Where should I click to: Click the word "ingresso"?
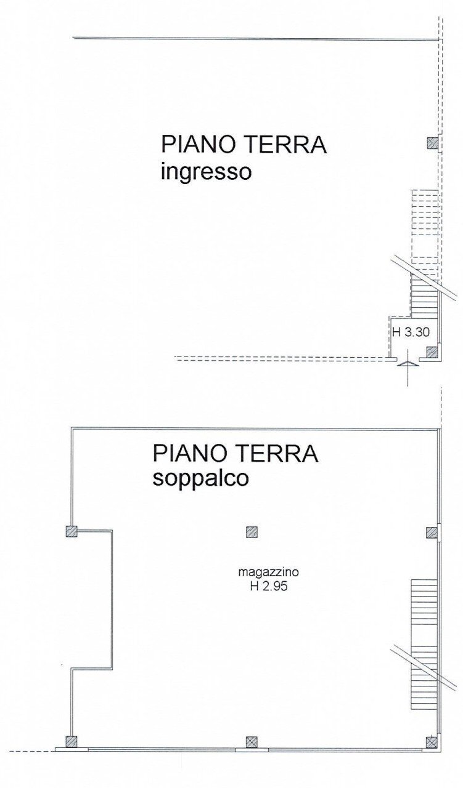(x=206, y=172)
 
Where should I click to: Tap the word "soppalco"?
(x=201, y=478)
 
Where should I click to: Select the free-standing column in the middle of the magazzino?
(x=252, y=532)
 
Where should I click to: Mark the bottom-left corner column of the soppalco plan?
(x=72, y=741)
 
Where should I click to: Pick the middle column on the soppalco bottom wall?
(x=252, y=742)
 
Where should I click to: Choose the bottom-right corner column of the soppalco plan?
(x=432, y=741)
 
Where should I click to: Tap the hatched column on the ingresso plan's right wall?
(x=433, y=144)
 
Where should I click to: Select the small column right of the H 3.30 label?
(x=432, y=352)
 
